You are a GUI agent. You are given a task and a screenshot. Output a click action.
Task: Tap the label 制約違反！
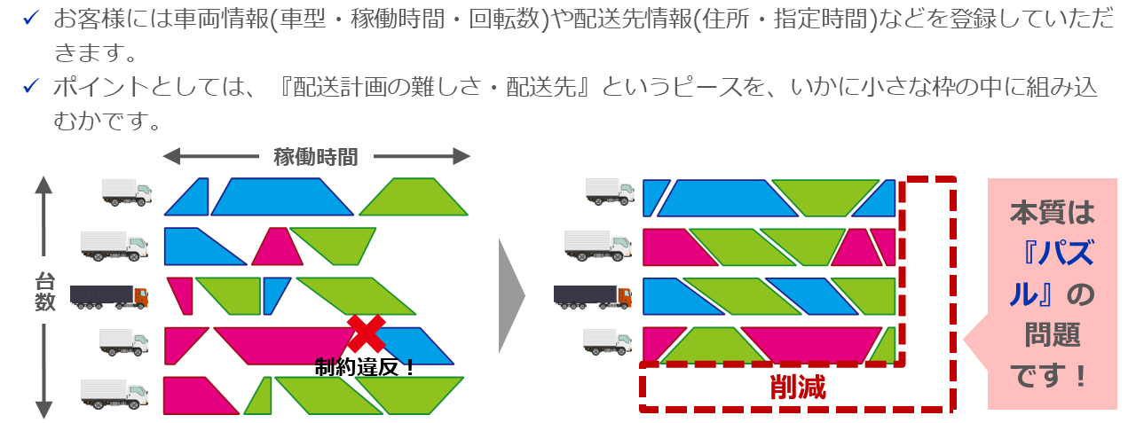[365, 366]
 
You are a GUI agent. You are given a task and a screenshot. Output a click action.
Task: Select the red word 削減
[797, 388]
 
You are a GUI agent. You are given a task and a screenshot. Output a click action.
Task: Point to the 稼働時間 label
[315, 158]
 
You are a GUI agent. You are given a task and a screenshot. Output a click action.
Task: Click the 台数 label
[45, 293]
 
